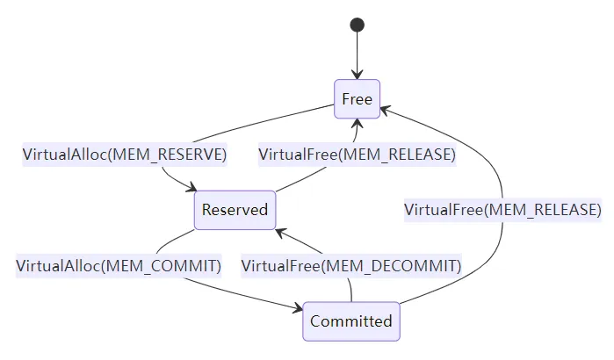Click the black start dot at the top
[x=358, y=25]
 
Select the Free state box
[x=357, y=99]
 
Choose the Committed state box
[x=351, y=321]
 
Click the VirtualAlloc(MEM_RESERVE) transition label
[x=125, y=155]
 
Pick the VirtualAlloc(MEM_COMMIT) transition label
[x=119, y=265]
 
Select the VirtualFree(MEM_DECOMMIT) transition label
[x=351, y=265]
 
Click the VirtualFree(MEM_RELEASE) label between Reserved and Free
[x=357, y=155]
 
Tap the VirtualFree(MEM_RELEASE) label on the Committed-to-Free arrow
[x=502, y=210]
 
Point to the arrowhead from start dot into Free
[x=358, y=75]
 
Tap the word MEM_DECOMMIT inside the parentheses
[x=390, y=265]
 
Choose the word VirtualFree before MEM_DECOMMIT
[x=281, y=265]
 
